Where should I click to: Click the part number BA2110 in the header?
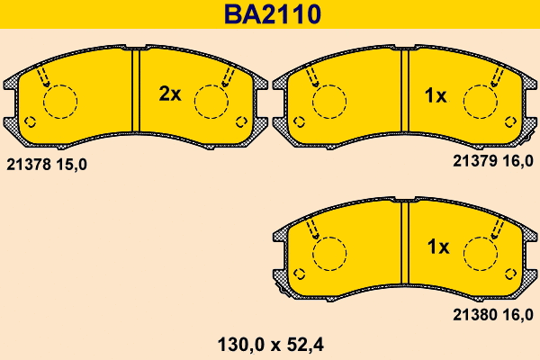(273, 14)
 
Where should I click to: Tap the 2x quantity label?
(170, 94)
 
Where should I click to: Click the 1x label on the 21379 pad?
(436, 95)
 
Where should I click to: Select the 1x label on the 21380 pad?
(438, 247)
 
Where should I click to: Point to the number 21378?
(29, 165)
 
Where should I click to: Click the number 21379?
(475, 161)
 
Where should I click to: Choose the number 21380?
(475, 314)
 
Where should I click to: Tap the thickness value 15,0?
(71, 165)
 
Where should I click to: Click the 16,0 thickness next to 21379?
(517, 161)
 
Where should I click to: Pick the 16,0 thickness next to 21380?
(517, 314)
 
